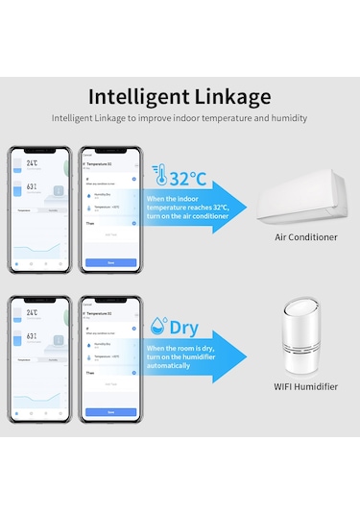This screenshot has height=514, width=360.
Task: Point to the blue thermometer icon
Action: [x=158, y=177]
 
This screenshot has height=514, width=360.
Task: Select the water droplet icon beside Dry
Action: [x=158, y=327]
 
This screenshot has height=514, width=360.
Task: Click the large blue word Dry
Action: [x=184, y=328]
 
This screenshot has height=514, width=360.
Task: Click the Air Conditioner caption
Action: [x=305, y=236]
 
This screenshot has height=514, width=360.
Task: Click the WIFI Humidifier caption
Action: [x=305, y=386]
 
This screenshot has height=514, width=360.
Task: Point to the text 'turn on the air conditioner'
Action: [x=187, y=215]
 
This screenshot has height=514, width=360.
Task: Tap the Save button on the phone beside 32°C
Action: [x=110, y=262]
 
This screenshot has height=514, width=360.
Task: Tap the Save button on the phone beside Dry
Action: [x=110, y=411]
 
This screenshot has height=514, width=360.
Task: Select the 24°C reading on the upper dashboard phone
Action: [x=32, y=164]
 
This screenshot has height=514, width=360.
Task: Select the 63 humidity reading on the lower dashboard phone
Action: [x=32, y=336]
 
